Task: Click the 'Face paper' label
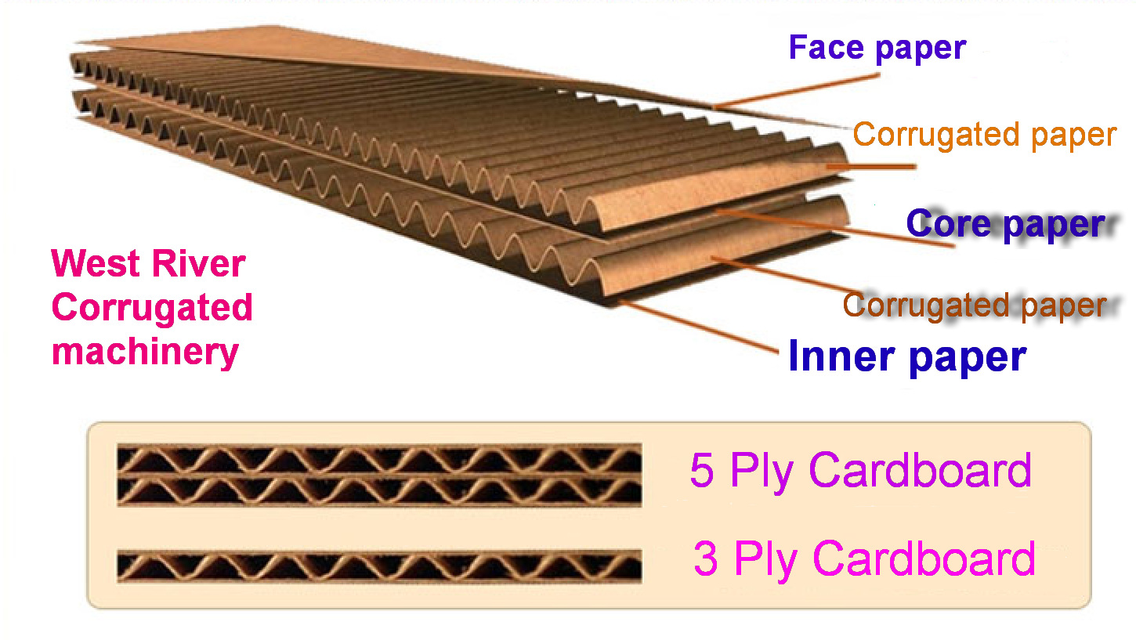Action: tap(877, 49)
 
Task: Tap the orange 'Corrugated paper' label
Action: tap(984, 135)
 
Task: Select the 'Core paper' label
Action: tap(1005, 225)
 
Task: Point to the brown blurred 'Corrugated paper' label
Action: tap(975, 305)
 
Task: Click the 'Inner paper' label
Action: tap(907, 356)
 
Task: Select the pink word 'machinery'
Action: tap(145, 352)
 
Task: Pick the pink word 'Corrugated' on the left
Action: tap(152, 308)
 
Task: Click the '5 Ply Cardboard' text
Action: tap(860, 471)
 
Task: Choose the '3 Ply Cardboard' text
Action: tap(864, 559)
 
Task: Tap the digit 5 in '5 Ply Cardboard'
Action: tap(702, 471)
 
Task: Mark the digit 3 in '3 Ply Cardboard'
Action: tap(706, 559)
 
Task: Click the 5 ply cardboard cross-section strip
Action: tap(379, 475)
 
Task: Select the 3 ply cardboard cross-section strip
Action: tap(379, 566)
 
